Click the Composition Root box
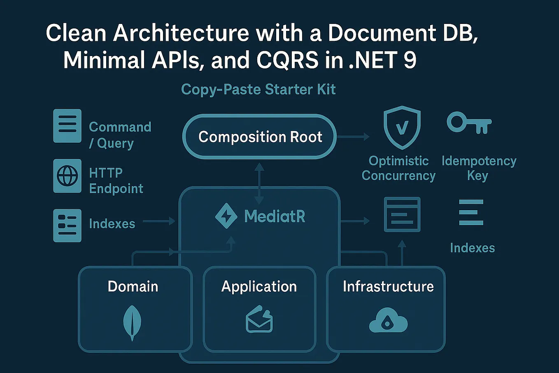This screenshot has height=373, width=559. click(260, 136)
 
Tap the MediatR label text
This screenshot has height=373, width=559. click(275, 216)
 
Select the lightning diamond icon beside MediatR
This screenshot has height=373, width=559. click(226, 216)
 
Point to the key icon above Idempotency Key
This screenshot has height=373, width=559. click(468, 123)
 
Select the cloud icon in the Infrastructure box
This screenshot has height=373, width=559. click(388, 321)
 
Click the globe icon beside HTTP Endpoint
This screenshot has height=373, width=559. click(67, 176)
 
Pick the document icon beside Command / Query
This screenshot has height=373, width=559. click(67, 126)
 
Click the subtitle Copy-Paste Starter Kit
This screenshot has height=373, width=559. click(259, 89)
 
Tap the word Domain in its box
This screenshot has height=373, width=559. click(133, 286)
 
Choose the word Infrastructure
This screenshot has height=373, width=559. click(388, 286)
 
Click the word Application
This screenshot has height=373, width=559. click(259, 286)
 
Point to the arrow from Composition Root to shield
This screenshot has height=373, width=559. click(353, 137)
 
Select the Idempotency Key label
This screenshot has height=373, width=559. click(478, 168)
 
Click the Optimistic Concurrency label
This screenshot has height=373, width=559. click(398, 168)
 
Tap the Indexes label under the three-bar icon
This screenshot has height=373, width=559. click(472, 248)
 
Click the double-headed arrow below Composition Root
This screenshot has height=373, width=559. click(259, 183)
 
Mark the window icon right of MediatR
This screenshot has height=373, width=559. click(402, 214)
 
